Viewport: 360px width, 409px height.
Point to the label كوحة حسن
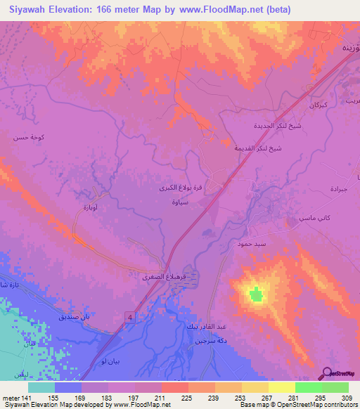pyautogui.click(x=28, y=138)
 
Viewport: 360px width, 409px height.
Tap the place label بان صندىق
pyautogui.click(x=76, y=317)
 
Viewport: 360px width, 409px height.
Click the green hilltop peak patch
pyautogui.click(x=257, y=294)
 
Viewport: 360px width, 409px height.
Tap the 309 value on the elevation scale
pyautogui.click(x=346, y=398)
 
